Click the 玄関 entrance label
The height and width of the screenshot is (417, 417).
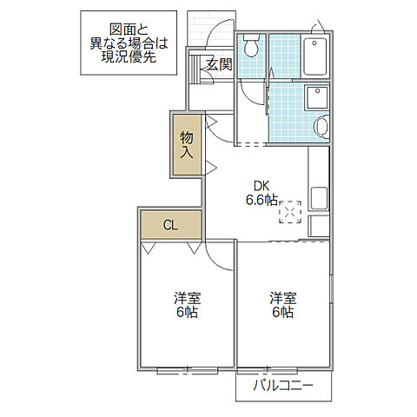tap(219, 63)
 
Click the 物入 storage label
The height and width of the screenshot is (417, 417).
tap(187, 144)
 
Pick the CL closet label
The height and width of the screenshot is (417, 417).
tap(170, 225)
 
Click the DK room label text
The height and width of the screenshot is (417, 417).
tap(261, 184)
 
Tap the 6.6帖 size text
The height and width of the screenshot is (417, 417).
tap(261, 199)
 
